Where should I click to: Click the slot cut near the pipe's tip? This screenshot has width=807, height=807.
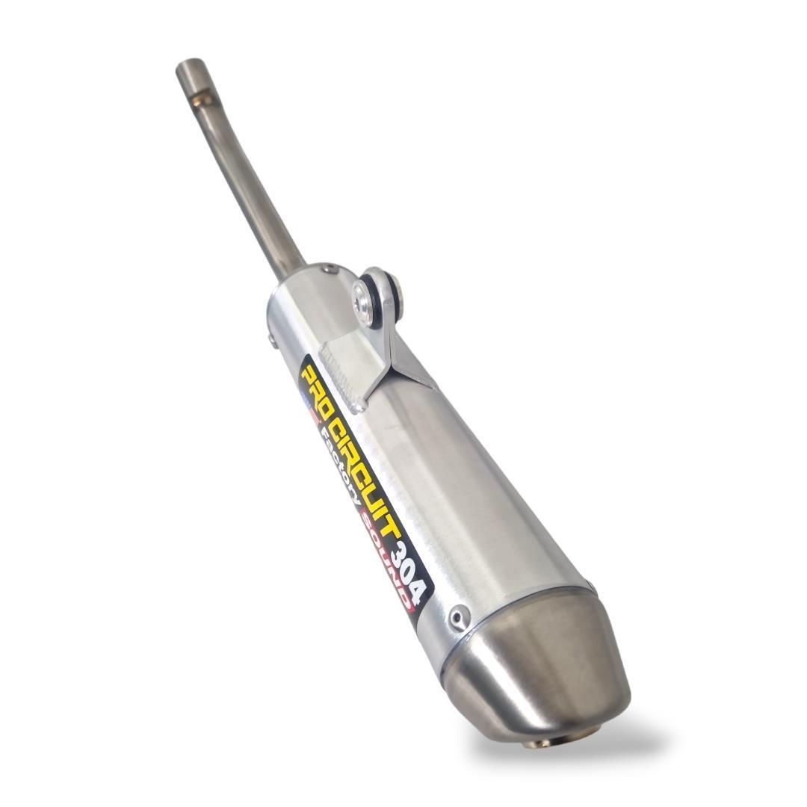tap(201, 99)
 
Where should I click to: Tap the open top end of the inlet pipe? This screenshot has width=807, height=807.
tap(189, 65)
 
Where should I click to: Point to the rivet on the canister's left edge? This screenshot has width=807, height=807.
tap(271, 338)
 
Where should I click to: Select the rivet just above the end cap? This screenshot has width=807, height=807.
tap(459, 617)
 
